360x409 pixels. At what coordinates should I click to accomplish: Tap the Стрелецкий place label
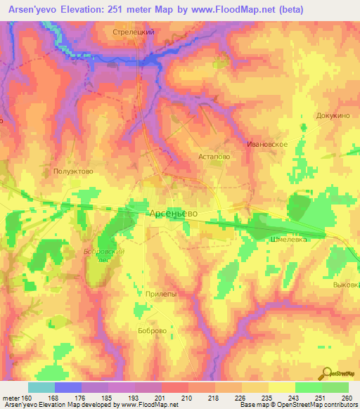click(x=134, y=32)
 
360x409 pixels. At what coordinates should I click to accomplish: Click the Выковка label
click(x=346, y=285)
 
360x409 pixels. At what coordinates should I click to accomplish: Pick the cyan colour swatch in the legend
click(x=41, y=387)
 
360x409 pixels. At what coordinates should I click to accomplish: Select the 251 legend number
click(x=319, y=398)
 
